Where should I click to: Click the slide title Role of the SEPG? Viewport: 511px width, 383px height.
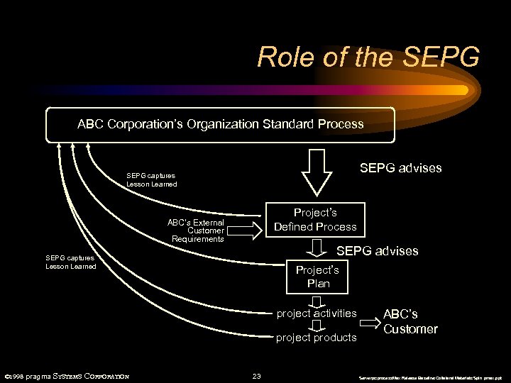[x=368, y=57]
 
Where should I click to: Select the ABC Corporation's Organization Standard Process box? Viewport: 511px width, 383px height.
[x=220, y=124]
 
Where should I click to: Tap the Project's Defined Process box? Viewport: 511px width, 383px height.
[x=315, y=220]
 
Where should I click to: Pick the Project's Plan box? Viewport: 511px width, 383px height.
[x=317, y=277]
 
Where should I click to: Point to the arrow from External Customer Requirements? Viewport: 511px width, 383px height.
[x=244, y=229]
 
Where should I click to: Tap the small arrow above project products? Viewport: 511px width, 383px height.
[x=317, y=326]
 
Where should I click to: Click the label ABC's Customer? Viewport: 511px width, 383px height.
[x=410, y=321]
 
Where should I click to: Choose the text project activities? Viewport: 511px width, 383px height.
[x=317, y=313]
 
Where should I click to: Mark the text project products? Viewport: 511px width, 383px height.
[x=317, y=338]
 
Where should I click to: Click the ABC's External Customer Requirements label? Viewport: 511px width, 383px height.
[x=196, y=231]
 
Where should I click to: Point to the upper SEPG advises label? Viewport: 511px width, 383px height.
[x=400, y=168]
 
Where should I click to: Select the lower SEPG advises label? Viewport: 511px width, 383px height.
[x=377, y=251]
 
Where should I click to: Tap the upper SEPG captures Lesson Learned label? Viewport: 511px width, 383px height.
[x=151, y=179]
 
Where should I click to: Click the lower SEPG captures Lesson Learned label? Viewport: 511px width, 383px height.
[x=70, y=262]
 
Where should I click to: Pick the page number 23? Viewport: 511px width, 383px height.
[x=257, y=376]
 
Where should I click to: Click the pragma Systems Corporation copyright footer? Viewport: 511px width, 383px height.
[x=67, y=376]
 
